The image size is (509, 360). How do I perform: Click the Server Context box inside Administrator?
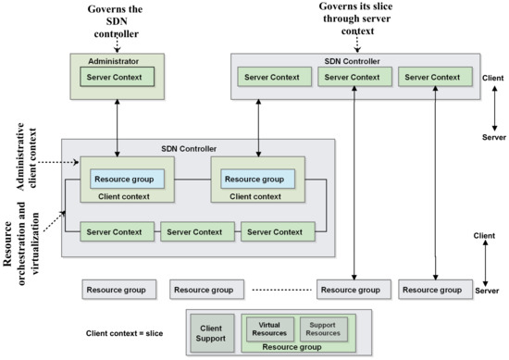[x=114, y=75]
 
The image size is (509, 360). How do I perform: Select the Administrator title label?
[x=114, y=60]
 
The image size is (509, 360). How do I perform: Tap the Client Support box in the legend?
[x=213, y=329]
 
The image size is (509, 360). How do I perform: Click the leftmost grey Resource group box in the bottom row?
[x=116, y=290]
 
